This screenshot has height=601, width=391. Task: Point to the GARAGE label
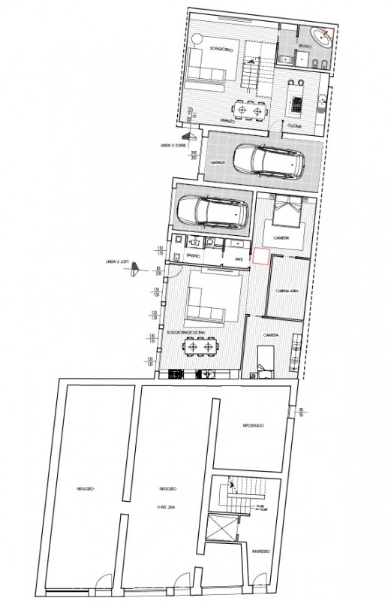[218, 161]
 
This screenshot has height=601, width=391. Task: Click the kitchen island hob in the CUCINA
[295, 102]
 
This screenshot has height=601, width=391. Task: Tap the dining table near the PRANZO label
[250, 110]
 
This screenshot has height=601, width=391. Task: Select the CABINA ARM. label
[287, 290]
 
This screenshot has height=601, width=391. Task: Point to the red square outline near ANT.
[261, 256]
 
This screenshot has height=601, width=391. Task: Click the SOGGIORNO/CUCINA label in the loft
[185, 331]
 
